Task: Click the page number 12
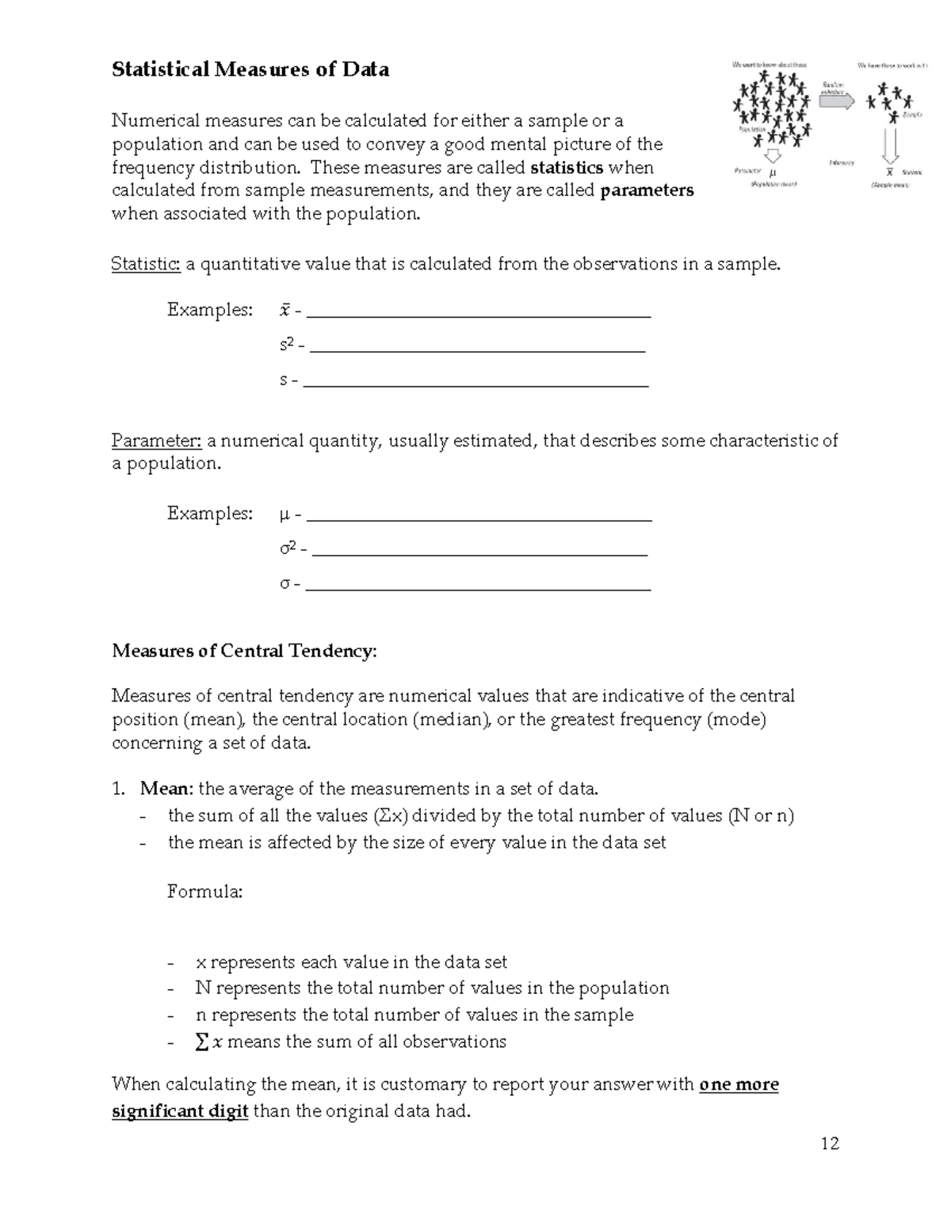(x=830, y=1143)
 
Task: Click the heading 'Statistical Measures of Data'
(x=250, y=70)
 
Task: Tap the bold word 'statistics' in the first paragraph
(x=566, y=167)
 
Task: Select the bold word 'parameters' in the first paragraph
(x=647, y=190)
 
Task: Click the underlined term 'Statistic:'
(x=146, y=264)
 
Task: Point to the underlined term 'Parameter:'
(x=156, y=441)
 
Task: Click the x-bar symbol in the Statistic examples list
(x=285, y=310)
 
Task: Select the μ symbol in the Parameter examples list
(x=285, y=515)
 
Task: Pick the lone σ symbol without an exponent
(x=285, y=585)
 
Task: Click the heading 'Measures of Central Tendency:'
(x=245, y=651)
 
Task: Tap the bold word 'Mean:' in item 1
(x=166, y=789)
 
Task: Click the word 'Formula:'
(x=204, y=892)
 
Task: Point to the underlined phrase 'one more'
(x=739, y=1084)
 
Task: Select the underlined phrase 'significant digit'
(x=180, y=1111)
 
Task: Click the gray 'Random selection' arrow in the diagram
(x=836, y=101)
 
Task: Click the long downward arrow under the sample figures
(x=890, y=144)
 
